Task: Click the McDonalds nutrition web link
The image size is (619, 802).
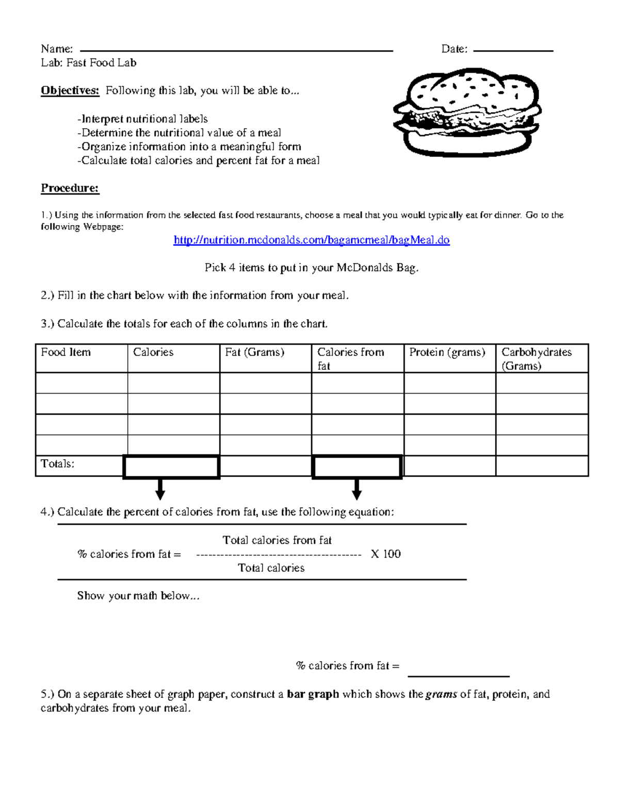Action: [311, 240]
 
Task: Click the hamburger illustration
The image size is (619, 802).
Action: [467, 112]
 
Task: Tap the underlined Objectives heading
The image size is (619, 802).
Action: [70, 90]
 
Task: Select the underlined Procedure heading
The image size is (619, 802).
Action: [70, 188]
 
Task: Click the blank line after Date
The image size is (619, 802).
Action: [513, 50]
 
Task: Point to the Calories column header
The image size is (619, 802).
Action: [153, 352]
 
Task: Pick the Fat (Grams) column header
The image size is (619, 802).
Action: [254, 352]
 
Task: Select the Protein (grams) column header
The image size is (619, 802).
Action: [447, 352]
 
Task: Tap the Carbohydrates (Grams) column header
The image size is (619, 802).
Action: [536, 358]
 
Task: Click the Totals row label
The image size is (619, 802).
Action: [58, 464]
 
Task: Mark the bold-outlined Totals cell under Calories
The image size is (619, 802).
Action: [171, 467]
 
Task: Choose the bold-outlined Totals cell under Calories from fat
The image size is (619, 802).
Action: [357, 467]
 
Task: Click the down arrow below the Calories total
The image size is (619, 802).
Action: [160, 489]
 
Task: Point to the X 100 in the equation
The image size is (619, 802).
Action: [385, 554]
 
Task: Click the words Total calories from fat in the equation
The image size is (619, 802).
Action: [277, 540]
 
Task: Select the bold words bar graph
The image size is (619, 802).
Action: [313, 694]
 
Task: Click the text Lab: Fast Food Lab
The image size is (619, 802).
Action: [89, 63]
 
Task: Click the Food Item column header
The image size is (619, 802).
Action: [66, 352]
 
